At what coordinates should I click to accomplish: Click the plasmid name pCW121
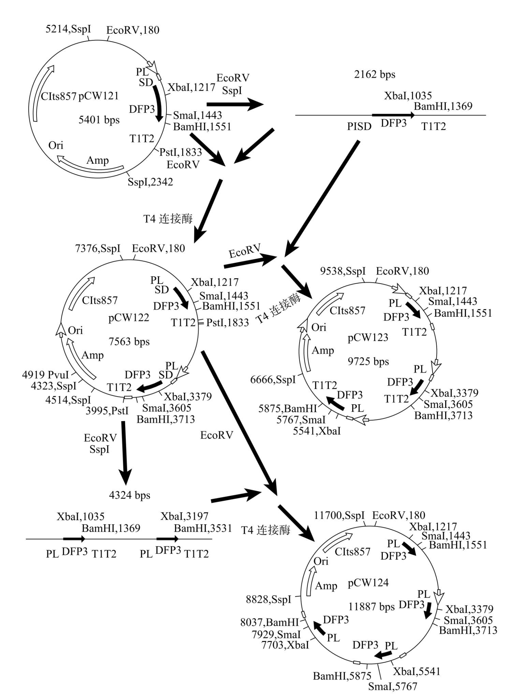tap(99, 96)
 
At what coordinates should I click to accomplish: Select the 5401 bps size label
tap(99, 120)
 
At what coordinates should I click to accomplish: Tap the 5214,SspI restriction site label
tap(68, 29)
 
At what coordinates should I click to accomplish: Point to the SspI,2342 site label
tap(150, 182)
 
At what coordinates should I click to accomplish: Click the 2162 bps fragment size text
tap(375, 74)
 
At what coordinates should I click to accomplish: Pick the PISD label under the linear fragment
tap(359, 127)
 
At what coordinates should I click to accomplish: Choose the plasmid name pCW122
tap(129, 318)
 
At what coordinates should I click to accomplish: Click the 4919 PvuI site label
tap(45, 375)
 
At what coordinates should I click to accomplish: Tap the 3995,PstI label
tap(107, 411)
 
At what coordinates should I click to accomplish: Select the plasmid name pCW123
tap(368, 338)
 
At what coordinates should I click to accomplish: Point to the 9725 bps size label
tap(368, 361)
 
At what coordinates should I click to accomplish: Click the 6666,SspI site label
tap(273, 380)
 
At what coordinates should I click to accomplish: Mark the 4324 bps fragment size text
tap(130, 495)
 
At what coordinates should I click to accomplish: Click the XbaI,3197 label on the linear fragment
tap(184, 516)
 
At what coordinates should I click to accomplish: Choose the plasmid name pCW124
tap(368, 583)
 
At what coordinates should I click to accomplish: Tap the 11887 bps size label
tap(371, 606)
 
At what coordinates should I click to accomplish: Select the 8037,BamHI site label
tap(270, 622)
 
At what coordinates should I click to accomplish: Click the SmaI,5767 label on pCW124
tap(393, 686)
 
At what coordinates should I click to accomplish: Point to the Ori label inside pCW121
tap(56, 145)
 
